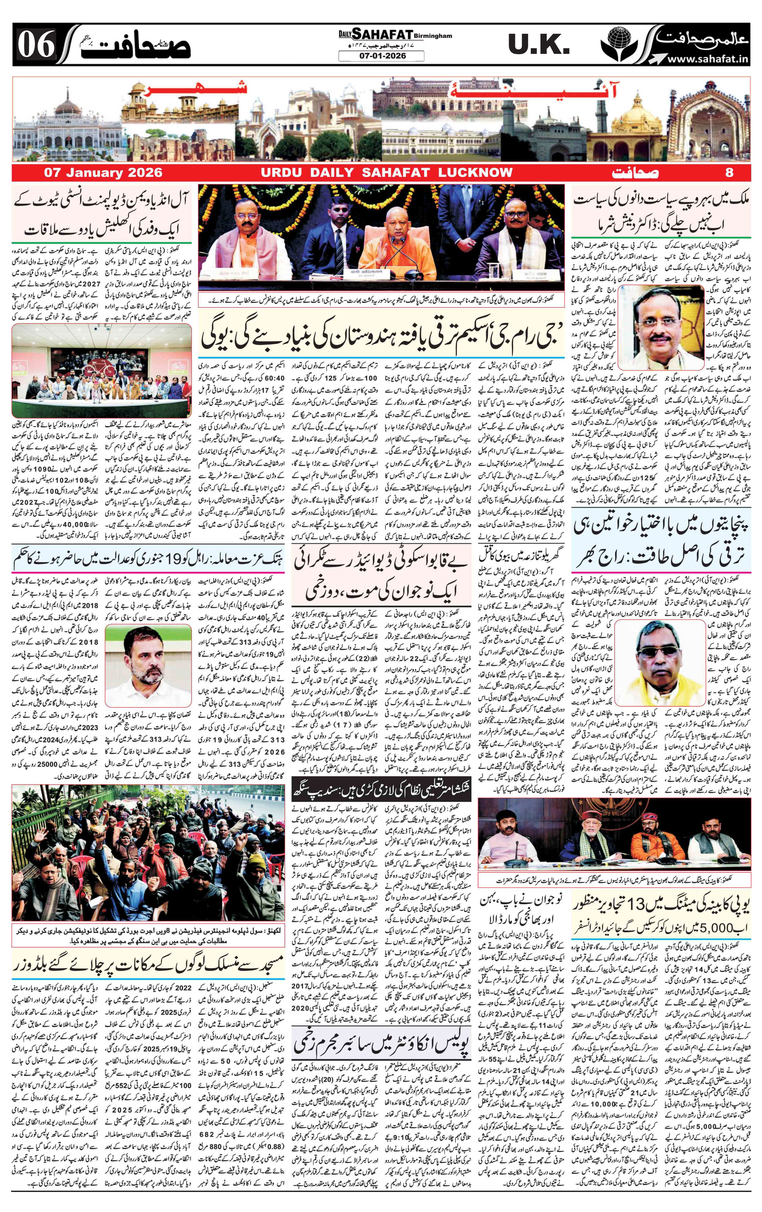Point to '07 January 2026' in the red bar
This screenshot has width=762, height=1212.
pyautogui.click(x=103, y=173)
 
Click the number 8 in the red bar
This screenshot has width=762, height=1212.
pyautogui.click(x=729, y=173)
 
